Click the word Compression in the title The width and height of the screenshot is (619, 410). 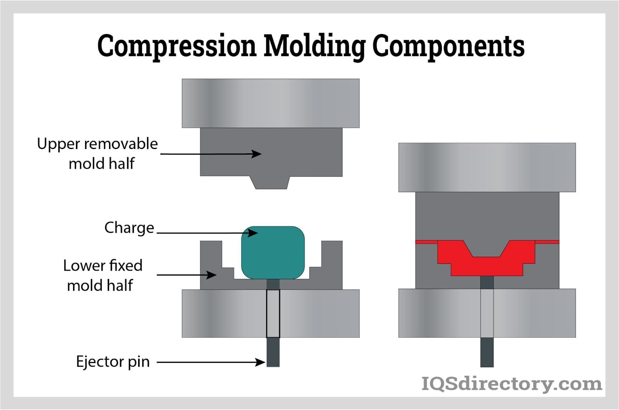point(176,46)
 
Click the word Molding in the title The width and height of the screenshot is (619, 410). point(314,46)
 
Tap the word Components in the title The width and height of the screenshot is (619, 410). point(448,46)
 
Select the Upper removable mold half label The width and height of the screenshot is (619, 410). point(97,153)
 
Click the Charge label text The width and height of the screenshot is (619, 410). point(129,228)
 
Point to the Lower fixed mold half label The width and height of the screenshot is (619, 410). point(102,275)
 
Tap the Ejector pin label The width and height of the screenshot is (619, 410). point(113,362)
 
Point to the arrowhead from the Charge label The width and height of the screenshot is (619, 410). point(253,233)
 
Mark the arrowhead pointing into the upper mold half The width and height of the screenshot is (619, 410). point(256,154)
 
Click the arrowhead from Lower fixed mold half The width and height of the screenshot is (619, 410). point(212,275)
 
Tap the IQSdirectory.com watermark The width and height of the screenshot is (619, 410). point(511,384)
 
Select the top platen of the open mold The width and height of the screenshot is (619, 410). point(270,103)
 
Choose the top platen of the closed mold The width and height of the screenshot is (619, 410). point(487,167)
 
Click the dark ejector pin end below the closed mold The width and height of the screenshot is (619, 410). point(487,352)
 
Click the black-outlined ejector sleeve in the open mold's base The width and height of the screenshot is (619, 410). point(273,314)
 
